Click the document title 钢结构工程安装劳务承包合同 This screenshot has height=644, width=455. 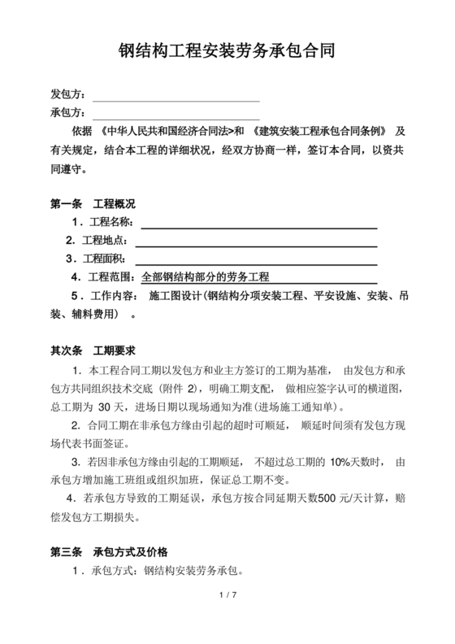click(227, 53)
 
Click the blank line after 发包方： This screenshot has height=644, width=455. click(176, 97)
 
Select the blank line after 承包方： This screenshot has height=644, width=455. click(176, 115)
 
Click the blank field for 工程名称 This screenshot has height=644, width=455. click(261, 223)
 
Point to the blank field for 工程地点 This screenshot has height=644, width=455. click(257, 241)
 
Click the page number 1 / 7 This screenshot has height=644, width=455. click(227, 598)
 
